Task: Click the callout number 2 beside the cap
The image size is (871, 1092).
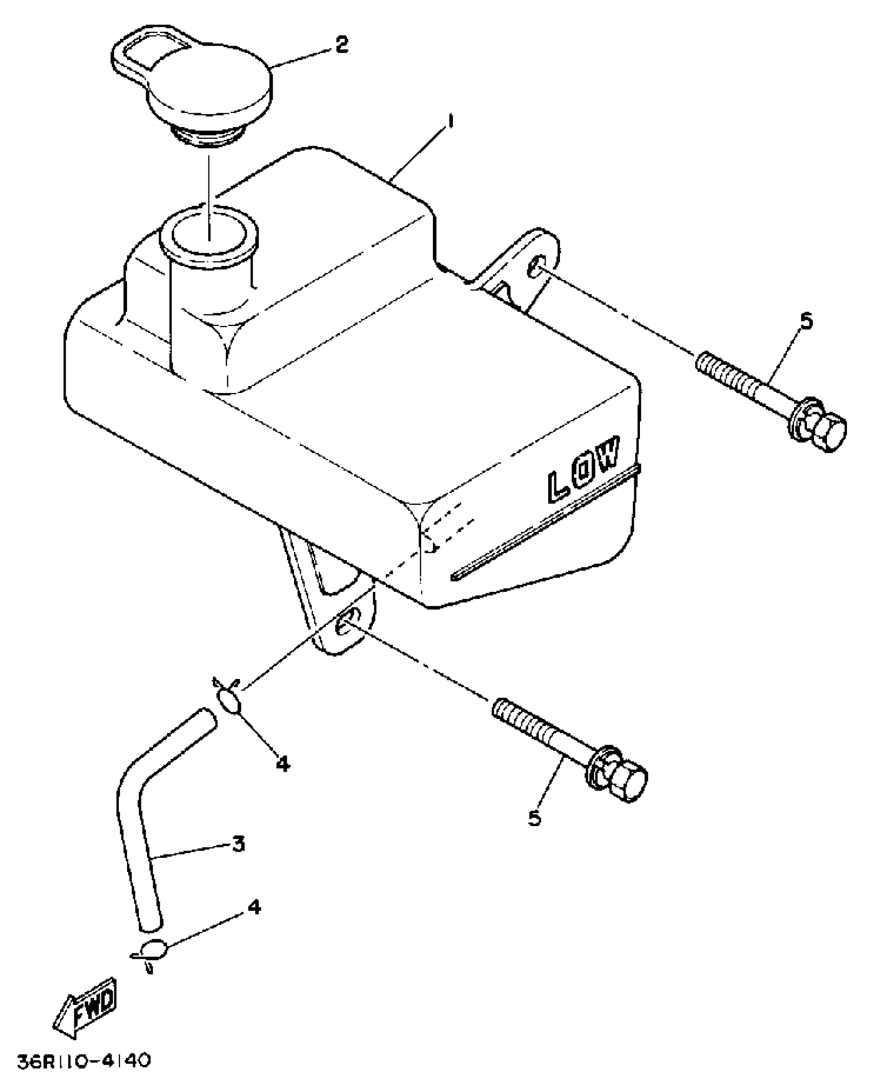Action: tap(341, 45)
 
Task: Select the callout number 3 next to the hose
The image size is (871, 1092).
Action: tap(238, 843)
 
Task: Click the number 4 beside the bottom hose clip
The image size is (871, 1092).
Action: tap(254, 908)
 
